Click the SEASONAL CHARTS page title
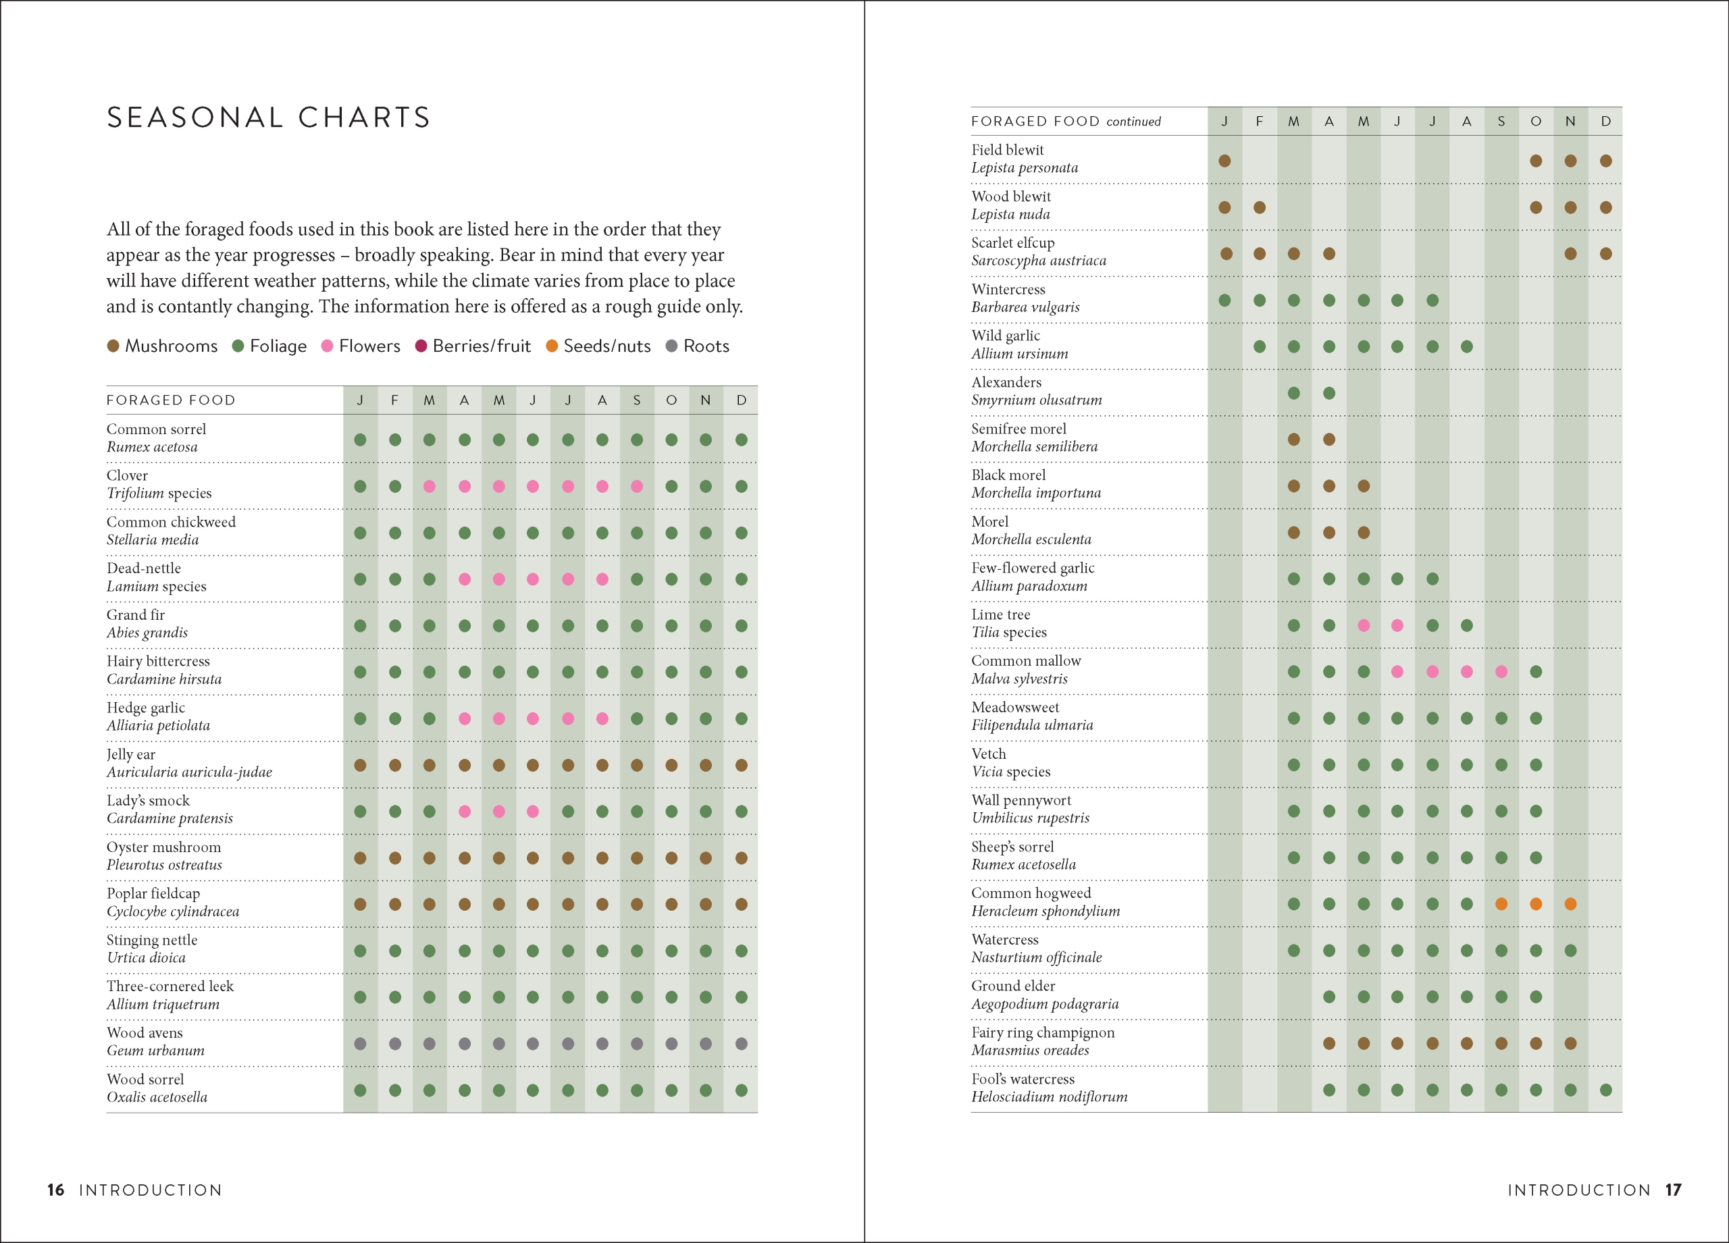[x=268, y=117]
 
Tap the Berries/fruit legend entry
[x=473, y=346]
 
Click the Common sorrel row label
[x=156, y=429]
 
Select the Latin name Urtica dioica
[x=147, y=957]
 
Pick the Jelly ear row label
[x=131, y=753]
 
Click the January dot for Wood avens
[x=361, y=1043]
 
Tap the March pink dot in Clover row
[x=429, y=486]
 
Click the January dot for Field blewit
[x=1224, y=161]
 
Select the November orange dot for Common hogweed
[x=1570, y=904]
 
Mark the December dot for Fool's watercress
[x=1605, y=1090]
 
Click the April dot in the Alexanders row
[x=1328, y=393]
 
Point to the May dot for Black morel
[x=1363, y=486]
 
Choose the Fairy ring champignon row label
[x=1042, y=1032]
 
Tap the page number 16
[x=55, y=1190]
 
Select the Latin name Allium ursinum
[x=1019, y=354]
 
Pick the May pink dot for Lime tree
[x=1363, y=626]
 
